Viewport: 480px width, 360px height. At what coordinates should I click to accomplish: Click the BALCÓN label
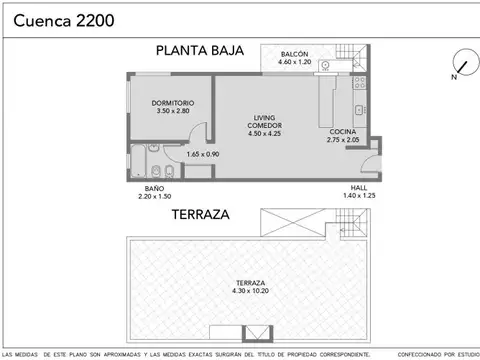[x=294, y=54]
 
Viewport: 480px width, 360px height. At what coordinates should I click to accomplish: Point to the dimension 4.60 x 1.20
[x=294, y=63]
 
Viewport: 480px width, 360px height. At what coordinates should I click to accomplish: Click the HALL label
[x=358, y=188]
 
